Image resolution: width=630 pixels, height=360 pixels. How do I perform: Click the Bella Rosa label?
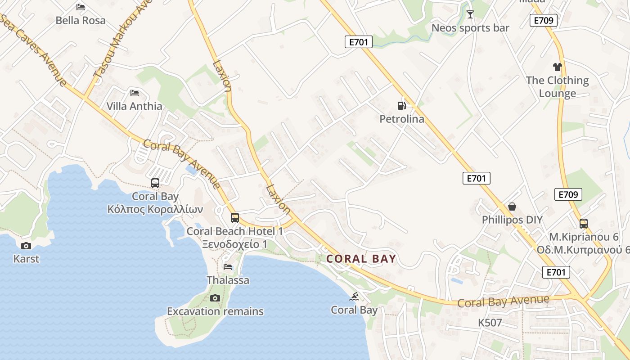click(x=81, y=20)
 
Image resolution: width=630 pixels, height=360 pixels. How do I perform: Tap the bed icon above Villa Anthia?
click(x=134, y=93)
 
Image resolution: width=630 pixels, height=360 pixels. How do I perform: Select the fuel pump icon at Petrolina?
click(x=401, y=106)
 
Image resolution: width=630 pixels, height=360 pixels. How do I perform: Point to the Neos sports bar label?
click(x=470, y=28)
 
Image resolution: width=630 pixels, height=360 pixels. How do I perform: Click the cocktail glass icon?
click(x=470, y=14)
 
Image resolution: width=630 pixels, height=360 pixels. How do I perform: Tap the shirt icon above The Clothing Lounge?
click(x=558, y=67)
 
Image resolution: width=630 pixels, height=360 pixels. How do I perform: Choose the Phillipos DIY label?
click(x=512, y=220)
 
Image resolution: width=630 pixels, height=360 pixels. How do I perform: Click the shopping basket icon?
click(x=512, y=207)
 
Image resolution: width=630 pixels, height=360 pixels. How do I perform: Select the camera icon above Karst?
click(x=26, y=246)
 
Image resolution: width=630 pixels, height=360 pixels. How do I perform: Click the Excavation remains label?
click(x=215, y=311)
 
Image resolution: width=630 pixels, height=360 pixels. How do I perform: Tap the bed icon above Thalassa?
click(x=228, y=267)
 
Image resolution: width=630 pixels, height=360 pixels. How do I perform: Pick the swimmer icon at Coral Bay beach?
click(x=355, y=297)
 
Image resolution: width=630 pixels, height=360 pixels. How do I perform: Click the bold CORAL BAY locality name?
click(x=361, y=259)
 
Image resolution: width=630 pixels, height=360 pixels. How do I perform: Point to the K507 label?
click(x=490, y=323)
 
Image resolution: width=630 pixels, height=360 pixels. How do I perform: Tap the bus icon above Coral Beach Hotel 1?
click(x=234, y=218)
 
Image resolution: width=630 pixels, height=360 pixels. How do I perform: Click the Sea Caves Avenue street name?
click(x=34, y=49)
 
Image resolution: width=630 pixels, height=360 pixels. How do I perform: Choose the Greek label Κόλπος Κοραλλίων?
click(x=155, y=209)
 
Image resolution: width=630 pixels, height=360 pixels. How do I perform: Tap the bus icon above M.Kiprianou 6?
click(x=583, y=223)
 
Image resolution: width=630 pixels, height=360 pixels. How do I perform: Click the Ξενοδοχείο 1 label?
click(x=234, y=244)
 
